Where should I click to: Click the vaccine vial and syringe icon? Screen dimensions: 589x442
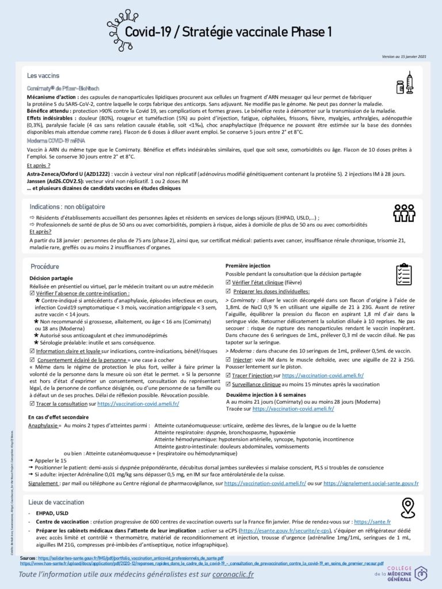click(405, 83)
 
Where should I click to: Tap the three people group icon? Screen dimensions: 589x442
click(404, 213)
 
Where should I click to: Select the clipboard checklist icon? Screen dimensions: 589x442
click(404, 274)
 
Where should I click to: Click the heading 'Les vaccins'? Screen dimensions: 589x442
click(43, 75)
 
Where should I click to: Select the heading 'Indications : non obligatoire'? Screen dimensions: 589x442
click(67, 206)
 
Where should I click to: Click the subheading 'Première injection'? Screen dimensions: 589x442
click(247, 266)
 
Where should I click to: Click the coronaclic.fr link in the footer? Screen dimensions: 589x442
click(224, 574)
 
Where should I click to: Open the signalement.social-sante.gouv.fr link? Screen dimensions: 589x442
click(371, 484)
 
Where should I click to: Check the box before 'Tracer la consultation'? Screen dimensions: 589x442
click(31, 404)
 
